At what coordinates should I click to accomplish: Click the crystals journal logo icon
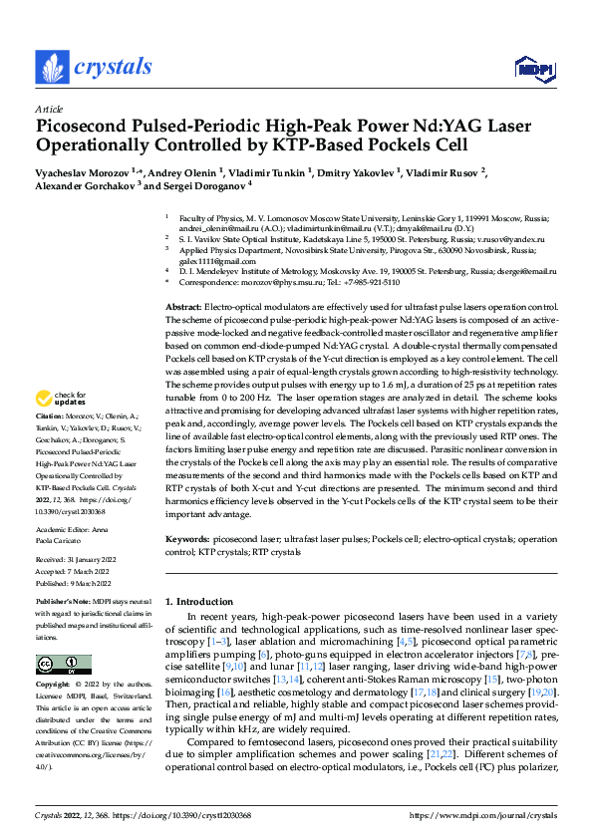[x=51, y=67]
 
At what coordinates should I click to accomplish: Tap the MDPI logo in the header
[x=530, y=68]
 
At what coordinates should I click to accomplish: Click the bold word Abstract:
[x=183, y=307]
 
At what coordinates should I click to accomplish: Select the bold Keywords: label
[x=189, y=539]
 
